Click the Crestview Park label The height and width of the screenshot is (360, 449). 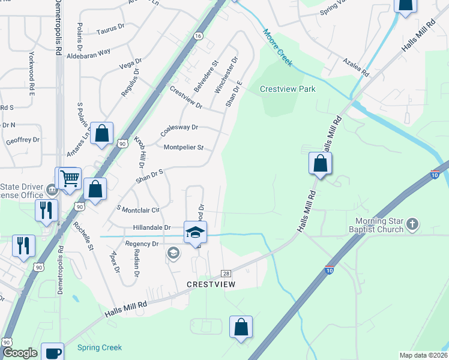coord(288,89)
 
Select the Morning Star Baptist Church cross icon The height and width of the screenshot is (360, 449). coord(412,224)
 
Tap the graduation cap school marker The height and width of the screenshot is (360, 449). coord(195,232)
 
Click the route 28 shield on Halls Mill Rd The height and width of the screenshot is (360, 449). coord(226,272)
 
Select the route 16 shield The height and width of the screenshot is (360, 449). coord(198,36)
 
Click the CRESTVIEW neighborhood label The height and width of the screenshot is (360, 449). coord(210,284)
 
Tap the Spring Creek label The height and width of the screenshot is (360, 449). coord(100,347)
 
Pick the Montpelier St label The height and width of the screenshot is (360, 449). coord(184,147)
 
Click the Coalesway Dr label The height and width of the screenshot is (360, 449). coord(179,128)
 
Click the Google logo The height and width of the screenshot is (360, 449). coord(20,353)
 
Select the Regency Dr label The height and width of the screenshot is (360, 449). coord(142,244)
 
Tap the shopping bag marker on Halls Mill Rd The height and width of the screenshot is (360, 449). coord(321,163)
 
